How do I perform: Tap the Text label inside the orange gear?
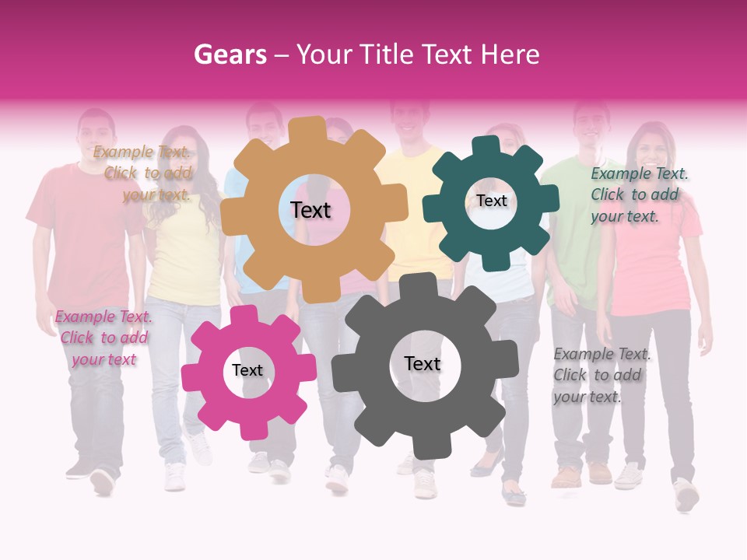pyautogui.click(x=310, y=210)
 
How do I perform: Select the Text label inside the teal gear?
pyautogui.click(x=491, y=201)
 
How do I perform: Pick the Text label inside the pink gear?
pyautogui.click(x=247, y=370)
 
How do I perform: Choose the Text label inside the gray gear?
pyautogui.click(x=422, y=363)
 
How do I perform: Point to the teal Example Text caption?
pyautogui.click(x=638, y=194)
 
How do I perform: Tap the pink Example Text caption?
pyautogui.click(x=103, y=338)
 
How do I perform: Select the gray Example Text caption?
pyautogui.click(x=601, y=375)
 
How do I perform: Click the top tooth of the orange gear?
pyautogui.click(x=312, y=129)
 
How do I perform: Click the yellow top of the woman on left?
pyautogui.click(x=185, y=257)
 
